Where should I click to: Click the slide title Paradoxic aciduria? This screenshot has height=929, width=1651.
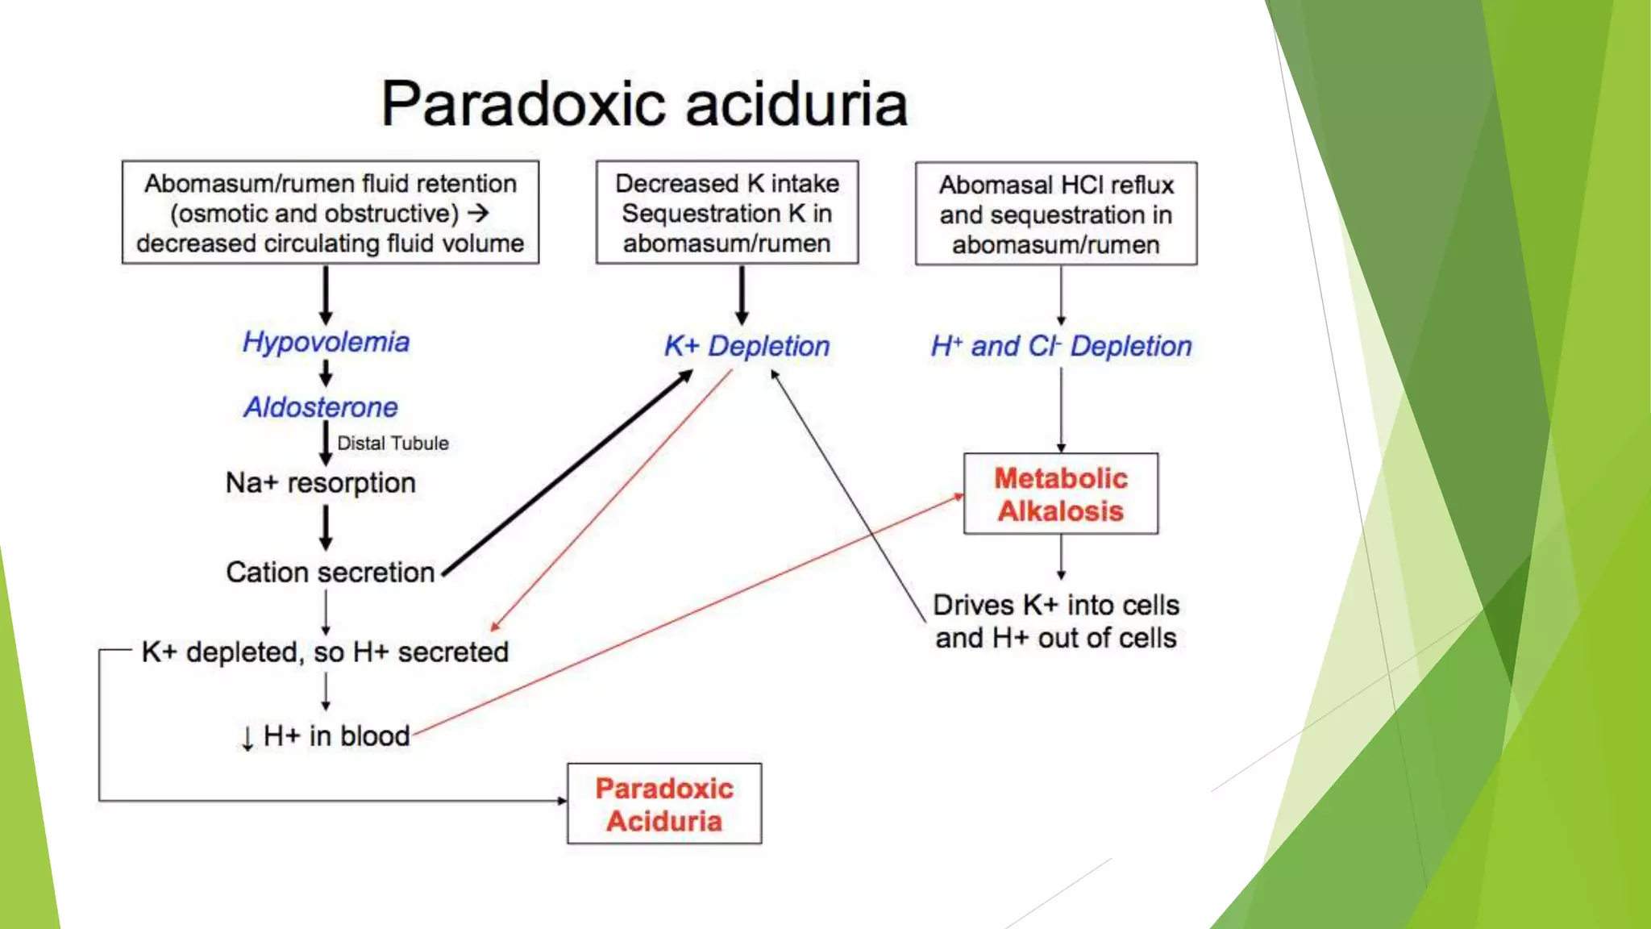coord(644,104)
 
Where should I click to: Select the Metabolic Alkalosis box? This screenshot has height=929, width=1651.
coord(1060,494)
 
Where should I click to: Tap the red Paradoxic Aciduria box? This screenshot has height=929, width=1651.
coord(664,804)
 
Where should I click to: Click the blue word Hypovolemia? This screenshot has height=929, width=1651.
coord(326,342)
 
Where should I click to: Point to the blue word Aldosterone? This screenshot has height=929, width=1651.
coord(321,407)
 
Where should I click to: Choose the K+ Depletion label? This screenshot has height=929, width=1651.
coord(746,346)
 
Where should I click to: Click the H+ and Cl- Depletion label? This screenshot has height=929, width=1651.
coord(1061,346)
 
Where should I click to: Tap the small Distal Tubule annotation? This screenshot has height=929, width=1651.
coord(393,443)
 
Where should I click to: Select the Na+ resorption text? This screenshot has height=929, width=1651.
coord(321,483)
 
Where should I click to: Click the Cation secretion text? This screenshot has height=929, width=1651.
coord(331,573)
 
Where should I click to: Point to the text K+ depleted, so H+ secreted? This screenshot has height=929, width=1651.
coord(325,652)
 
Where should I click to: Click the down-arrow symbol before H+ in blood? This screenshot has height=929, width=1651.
coord(247,737)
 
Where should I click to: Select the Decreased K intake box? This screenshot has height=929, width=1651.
coord(727,213)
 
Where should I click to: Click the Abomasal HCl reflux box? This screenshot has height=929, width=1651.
coord(1056,214)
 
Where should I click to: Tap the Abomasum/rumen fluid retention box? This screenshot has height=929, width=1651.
coord(331,213)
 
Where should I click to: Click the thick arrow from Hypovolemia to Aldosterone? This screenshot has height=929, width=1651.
coord(326,373)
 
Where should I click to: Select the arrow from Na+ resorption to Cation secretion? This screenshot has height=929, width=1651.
coord(326,527)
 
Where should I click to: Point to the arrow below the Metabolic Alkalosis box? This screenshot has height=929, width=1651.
coord(1061,557)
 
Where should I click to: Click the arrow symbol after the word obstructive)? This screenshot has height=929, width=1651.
coord(478,213)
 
